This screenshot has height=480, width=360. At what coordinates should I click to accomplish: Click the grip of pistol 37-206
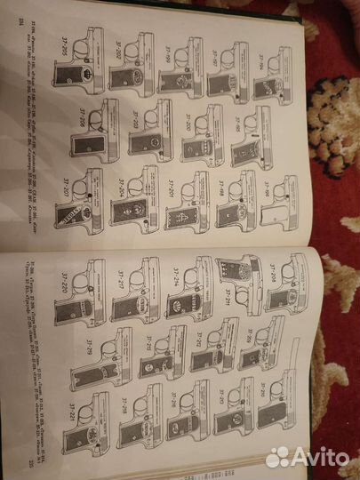(106, 137)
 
